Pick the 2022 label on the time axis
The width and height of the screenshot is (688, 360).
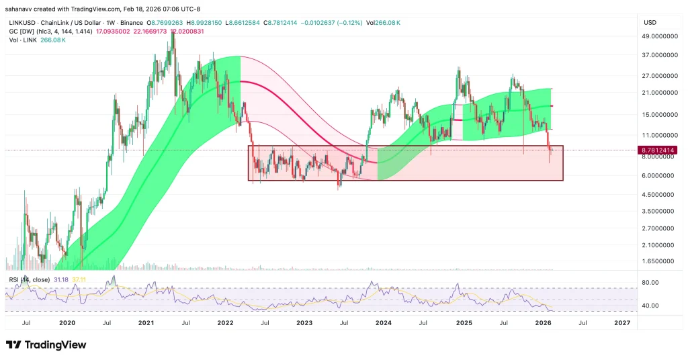pos(224,323)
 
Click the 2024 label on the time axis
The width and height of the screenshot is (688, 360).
pos(384,323)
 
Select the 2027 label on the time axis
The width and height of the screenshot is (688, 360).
pos(622,323)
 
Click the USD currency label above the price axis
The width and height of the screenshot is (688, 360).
pos(650,22)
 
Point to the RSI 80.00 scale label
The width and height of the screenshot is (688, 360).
pos(651,283)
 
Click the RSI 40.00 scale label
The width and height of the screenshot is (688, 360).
pos(651,306)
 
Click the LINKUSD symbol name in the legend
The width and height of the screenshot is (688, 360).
pos(20,22)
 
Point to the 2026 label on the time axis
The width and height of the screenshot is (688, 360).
pos(542,323)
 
